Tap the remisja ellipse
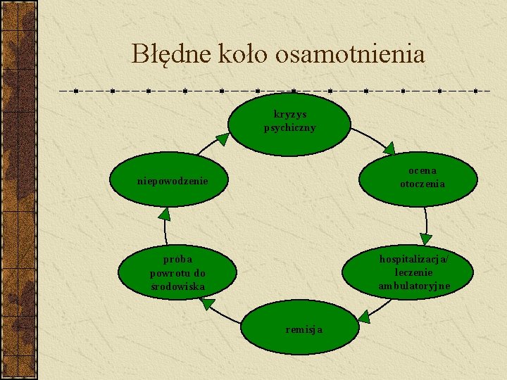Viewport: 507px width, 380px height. pos(300,328)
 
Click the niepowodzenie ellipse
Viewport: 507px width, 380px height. pos(172,182)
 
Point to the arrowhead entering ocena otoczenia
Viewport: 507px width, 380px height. pos(389,148)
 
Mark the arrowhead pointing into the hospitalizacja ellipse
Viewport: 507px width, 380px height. pos(425,239)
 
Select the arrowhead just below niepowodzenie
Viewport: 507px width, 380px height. pos(164,214)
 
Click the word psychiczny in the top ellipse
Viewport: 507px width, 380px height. pos(289,128)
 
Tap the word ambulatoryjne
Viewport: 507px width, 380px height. pos(414,286)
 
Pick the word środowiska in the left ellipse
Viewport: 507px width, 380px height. pos(177,286)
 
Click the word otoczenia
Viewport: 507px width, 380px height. pos(423,184)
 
